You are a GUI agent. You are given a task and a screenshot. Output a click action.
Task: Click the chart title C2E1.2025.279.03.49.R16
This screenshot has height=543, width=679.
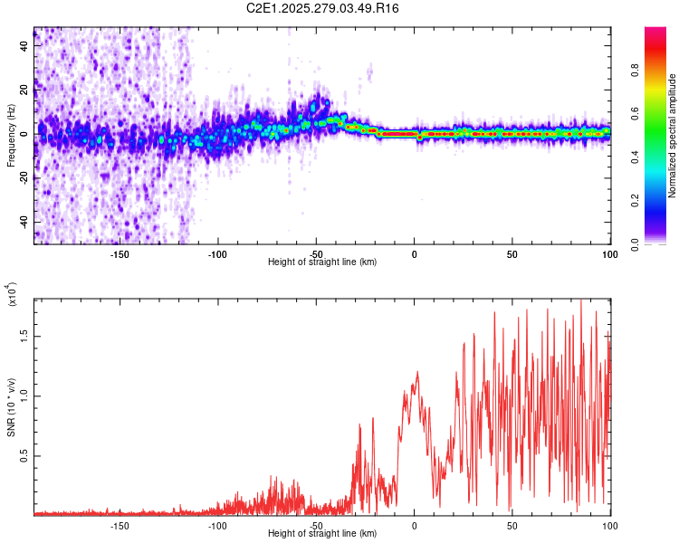(323, 9)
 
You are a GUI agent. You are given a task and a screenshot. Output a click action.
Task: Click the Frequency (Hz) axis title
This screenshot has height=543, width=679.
(11, 136)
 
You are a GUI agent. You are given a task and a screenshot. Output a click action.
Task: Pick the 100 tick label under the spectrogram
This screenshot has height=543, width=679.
(609, 254)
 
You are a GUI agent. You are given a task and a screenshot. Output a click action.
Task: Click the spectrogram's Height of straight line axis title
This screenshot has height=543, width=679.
(322, 262)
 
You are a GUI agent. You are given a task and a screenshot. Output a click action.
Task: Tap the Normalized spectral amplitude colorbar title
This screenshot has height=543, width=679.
(673, 136)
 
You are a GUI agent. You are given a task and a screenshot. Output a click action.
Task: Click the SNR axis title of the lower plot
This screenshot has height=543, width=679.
(11, 407)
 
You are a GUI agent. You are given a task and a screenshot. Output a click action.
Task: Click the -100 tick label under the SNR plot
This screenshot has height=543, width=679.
(217, 525)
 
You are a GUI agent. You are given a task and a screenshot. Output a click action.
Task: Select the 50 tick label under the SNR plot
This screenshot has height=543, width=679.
(512, 525)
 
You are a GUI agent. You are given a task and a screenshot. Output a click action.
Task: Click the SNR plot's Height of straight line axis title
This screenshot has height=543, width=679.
(322, 534)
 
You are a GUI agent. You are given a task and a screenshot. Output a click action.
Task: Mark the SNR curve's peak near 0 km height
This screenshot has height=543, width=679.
(417, 372)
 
